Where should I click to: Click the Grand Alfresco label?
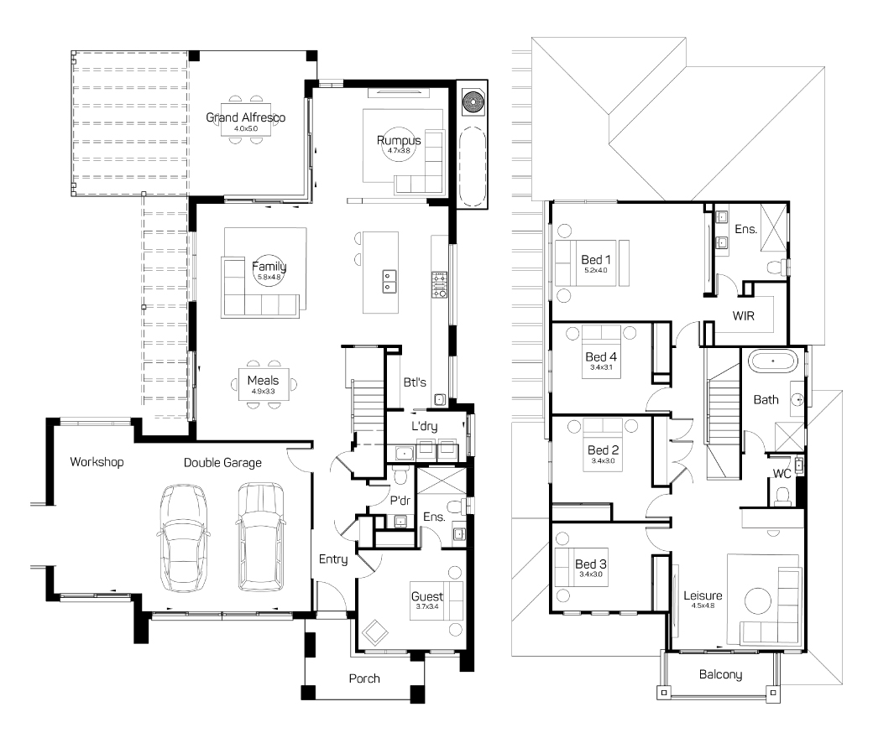point(245,117)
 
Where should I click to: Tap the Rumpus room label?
point(399,140)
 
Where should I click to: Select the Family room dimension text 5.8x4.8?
point(269,277)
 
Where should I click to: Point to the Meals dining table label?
point(263,381)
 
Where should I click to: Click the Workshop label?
point(97,461)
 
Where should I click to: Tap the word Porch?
point(364,678)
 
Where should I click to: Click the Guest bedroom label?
point(427,597)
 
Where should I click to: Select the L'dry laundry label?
point(424,426)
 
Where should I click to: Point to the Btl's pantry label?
point(415,382)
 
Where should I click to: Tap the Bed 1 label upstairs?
point(596,260)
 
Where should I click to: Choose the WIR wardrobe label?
point(743,316)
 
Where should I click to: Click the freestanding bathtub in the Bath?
point(773,361)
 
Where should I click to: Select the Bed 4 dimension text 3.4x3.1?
point(601,367)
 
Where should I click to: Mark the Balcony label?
point(720,674)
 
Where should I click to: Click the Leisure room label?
point(703,595)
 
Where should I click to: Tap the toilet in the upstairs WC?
point(783,495)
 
